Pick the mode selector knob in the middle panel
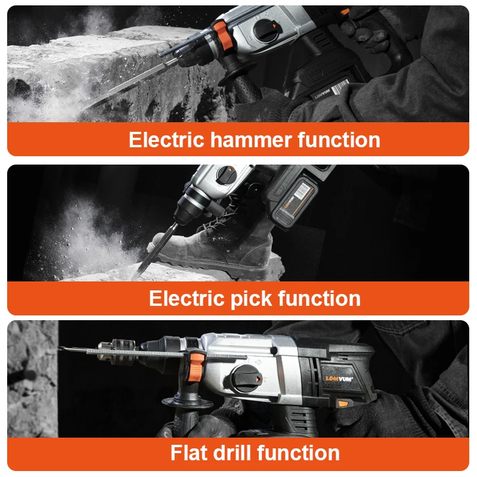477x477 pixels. click(x=225, y=175)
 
